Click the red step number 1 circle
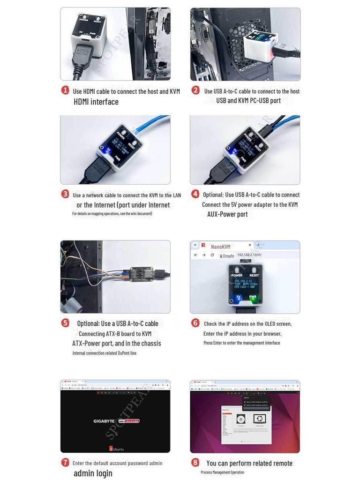pos(65,90)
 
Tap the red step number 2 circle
pos(195,90)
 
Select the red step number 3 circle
pos(65,194)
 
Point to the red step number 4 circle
pos(195,194)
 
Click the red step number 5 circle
pos(65,323)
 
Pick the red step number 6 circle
pos(195,323)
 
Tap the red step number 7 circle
pos(65,462)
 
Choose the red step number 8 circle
pos(195,462)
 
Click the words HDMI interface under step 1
pos(96,102)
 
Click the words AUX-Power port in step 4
pos(227,214)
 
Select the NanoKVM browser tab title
pos(220,247)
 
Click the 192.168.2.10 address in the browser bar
pos(248,255)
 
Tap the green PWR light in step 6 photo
pos(253,298)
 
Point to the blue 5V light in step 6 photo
pos(238,298)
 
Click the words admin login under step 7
pos(93,473)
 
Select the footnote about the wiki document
pos(112,214)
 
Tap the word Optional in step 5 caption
pos(88,323)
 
